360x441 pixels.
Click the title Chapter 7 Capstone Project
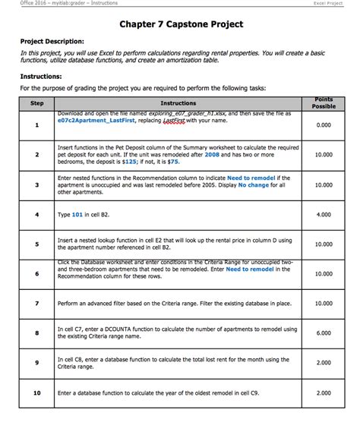coord(181,24)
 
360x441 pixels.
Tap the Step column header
coord(36,103)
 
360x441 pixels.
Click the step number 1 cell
coord(36,125)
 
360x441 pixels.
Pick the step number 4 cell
coord(36,215)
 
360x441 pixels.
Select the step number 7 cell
coord(36,304)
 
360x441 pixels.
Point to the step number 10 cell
coord(36,393)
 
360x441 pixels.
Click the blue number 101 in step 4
coord(77,215)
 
